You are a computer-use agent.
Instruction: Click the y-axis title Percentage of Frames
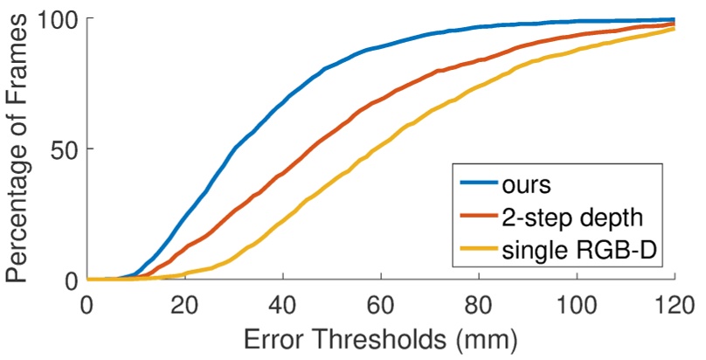click(19, 149)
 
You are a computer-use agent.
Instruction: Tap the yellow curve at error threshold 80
click(478, 87)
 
